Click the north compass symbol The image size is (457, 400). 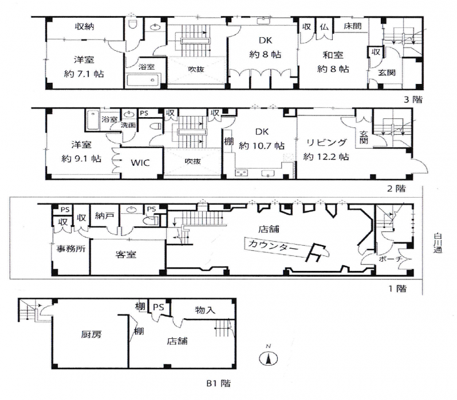(269, 358)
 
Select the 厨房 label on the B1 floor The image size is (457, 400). (91, 334)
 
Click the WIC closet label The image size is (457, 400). (140, 162)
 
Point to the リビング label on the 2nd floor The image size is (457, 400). (326, 142)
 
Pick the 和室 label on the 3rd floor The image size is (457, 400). (333, 55)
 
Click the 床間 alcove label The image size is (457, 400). (353, 26)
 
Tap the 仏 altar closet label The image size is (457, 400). (324, 27)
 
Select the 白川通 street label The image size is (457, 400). (438, 243)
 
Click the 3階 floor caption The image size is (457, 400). (413, 99)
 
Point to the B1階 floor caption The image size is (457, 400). (218, 383)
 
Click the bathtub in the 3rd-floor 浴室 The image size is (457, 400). (143, 80)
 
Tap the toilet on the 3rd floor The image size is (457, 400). (133, 25)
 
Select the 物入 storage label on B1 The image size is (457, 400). (205, 310)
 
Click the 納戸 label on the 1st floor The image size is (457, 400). (104, 215)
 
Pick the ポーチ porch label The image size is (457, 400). (391, 259)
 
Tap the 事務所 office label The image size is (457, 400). (71, 249)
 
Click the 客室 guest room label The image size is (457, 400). (125, 254)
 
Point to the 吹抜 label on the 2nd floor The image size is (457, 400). (192, 161)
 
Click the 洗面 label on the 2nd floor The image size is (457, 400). (128, 125)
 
